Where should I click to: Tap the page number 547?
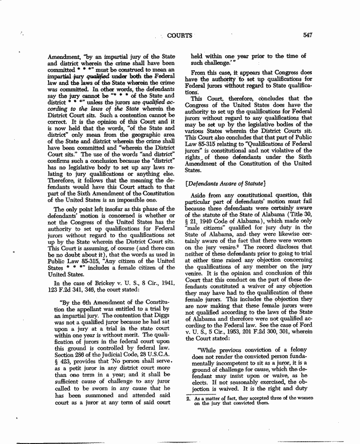point(309,34)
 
